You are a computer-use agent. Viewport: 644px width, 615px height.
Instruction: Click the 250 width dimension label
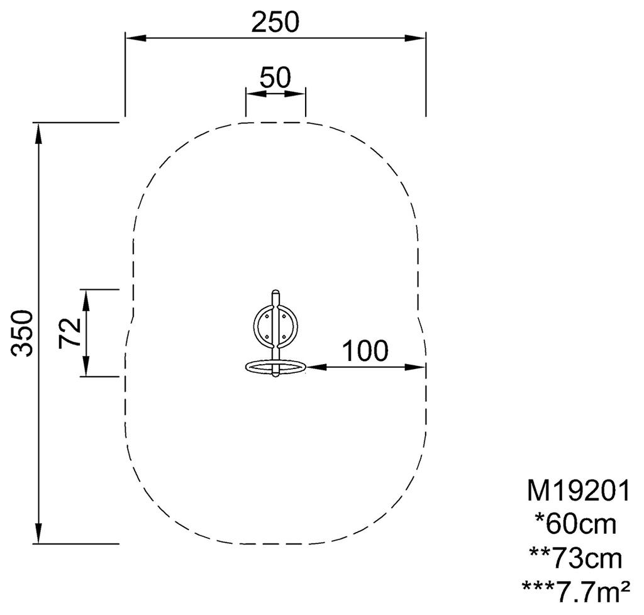(275, 22)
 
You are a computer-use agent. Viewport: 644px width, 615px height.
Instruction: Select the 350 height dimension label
(22, 333)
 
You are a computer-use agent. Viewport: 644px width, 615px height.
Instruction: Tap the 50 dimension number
(275, 77)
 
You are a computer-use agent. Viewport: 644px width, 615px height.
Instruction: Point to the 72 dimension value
(69, 333)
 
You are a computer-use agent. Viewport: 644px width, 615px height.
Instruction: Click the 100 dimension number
(365, 351)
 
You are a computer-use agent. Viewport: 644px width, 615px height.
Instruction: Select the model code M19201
(579, 491)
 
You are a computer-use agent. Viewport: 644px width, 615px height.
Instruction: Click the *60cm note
(575, 524)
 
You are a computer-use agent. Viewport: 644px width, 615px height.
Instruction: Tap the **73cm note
(575, 558)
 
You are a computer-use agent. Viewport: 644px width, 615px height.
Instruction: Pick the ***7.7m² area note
(575, 591)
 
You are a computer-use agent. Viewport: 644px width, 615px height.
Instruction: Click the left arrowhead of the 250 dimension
(136, 38)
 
